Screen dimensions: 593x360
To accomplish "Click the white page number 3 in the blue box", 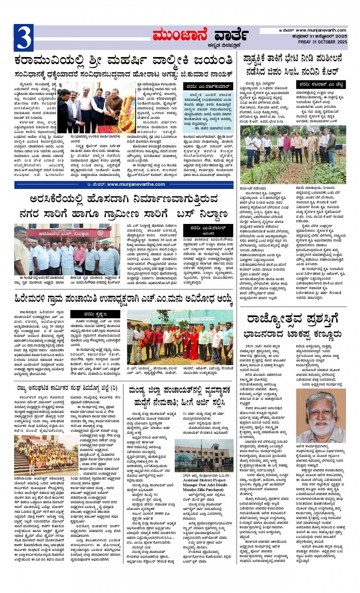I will [23, 38].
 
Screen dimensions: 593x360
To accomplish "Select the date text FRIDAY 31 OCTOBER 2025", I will [322, 42].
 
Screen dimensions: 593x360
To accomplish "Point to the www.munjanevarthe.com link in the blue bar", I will [136, 184].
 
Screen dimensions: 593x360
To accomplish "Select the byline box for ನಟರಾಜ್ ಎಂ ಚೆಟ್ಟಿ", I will [320, 84].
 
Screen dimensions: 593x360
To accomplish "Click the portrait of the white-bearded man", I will [321, 415].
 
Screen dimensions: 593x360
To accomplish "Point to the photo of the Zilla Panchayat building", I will [204, 455].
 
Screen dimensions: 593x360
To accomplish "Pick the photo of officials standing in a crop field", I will [293, 154].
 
